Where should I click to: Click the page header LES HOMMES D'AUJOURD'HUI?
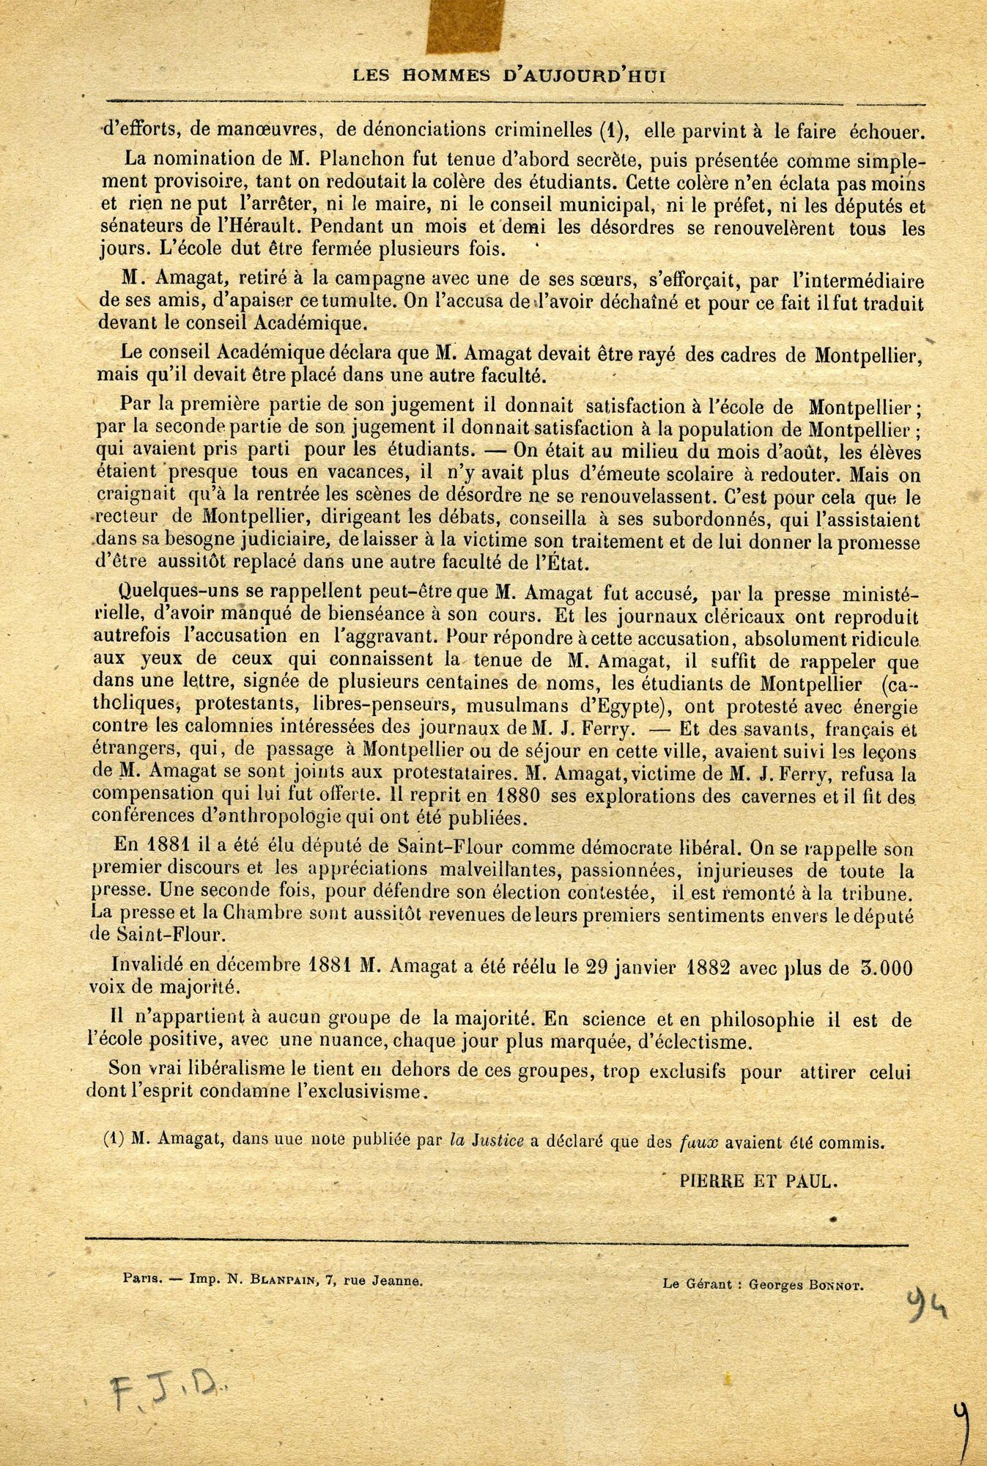[510, 75]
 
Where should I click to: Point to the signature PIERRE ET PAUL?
[758, 1181]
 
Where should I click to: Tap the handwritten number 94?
[924, 1305]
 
